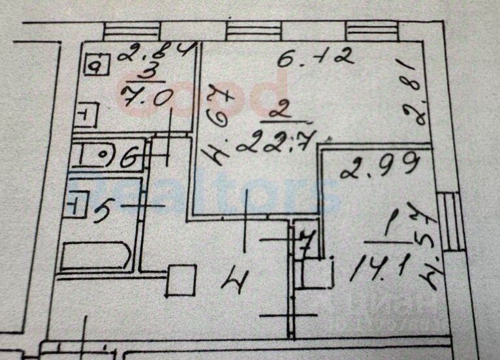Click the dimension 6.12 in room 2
(x=316, y=59)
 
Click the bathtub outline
(x=97, y=255)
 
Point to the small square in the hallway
(x=181, y=280)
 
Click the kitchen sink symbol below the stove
(x=86, y=117)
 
